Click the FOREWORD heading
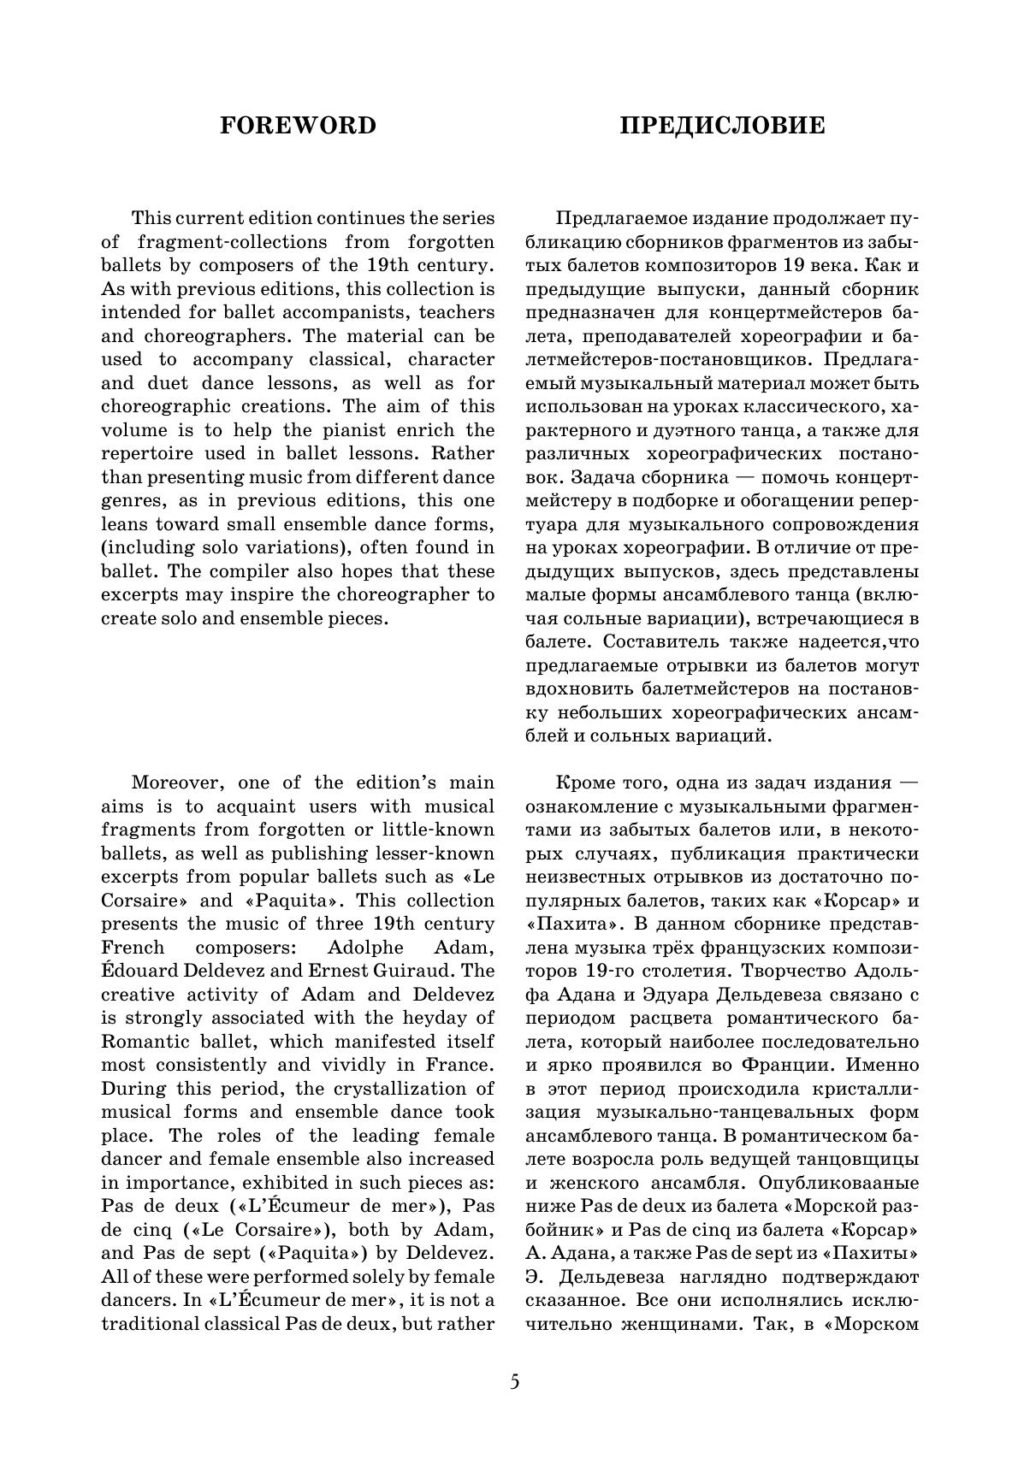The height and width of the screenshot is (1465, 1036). pyautogui.click(x=298, y=126)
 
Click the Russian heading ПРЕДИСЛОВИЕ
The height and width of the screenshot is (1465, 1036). pyautogui.click(x=722, y=126)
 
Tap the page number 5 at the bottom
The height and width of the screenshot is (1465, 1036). pyautogui.click(x=514, y=1382)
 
